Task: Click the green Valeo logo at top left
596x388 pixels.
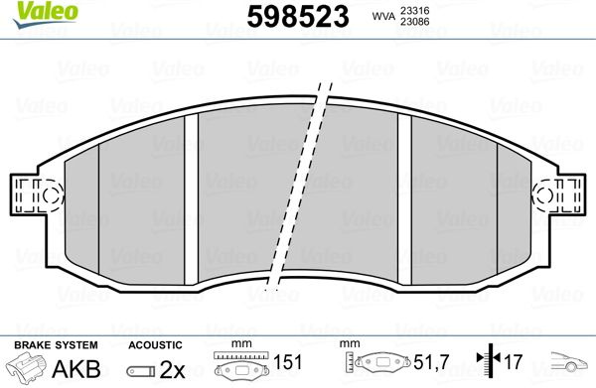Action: point(46,15)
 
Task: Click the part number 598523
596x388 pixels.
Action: point(298,17)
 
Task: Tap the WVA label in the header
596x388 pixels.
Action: point(383,16)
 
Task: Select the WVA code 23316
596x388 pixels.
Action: point(414,11)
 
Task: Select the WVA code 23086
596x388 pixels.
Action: point(414,22)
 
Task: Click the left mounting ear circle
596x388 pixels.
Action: point(51,195)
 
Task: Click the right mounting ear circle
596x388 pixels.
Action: point(544,195)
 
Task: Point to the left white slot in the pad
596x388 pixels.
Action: point(191,198)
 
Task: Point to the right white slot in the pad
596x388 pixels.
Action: point(404,198)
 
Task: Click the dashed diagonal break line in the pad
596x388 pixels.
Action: point(299,186)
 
